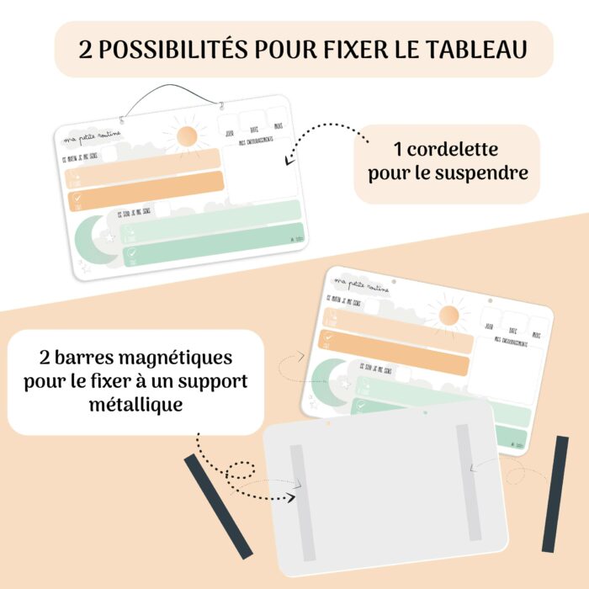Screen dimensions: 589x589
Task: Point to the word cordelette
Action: click(x=446, y=150)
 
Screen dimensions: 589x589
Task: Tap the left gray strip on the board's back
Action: click(x=298, y=489)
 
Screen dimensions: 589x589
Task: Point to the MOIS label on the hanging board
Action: click(x=279, y=127)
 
